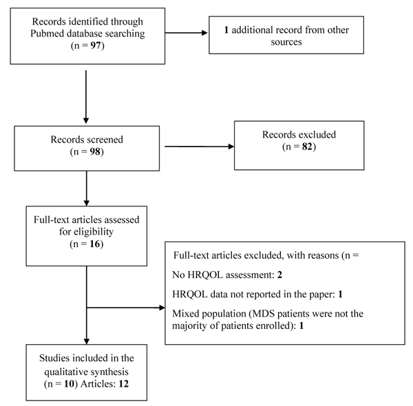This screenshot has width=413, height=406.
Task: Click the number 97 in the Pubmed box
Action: [96, 45]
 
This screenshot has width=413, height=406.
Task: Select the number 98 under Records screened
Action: [95, 151]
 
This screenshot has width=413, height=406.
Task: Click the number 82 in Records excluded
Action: [307, 147]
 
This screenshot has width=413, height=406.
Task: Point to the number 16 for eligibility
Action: [95, 244]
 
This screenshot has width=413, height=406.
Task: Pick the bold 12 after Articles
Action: [123, 383]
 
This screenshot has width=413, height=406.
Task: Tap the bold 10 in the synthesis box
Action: [70, 383]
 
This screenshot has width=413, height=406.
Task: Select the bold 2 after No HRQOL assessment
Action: [279, 275]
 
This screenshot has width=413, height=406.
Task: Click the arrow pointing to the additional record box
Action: [187, 33]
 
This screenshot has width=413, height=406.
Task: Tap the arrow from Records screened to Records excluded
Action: [200, 147]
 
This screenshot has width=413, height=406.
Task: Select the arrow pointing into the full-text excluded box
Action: [126, 308]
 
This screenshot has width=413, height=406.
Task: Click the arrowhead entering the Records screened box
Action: [86, 120]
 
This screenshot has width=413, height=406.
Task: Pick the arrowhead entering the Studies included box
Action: [87, 341]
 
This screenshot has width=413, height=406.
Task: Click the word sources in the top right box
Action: [286, 42]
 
